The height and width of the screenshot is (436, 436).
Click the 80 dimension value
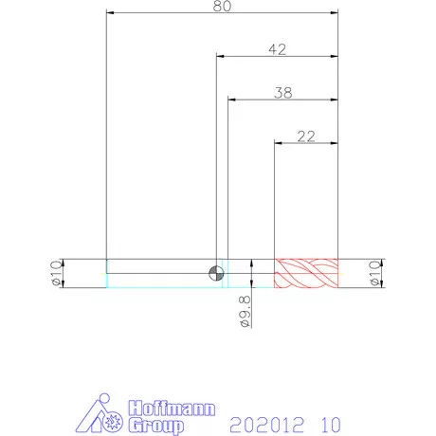[x=222, y=6]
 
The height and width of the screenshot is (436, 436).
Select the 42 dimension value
[x=278, y=49]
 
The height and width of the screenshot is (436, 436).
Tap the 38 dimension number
[x=283, y=93]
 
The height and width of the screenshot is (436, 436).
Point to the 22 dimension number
[x=306, y=136]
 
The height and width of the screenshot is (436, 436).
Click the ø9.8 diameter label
[x=245, y=311]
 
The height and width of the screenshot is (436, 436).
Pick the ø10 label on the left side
[x=57, y=273]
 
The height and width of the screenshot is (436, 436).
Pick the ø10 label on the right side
[x=375, y=273]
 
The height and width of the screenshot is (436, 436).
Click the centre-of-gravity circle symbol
[x=216, y=273]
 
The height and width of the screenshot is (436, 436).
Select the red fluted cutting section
[x=306, y=273]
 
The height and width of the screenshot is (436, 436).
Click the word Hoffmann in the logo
[x=173, y=409]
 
